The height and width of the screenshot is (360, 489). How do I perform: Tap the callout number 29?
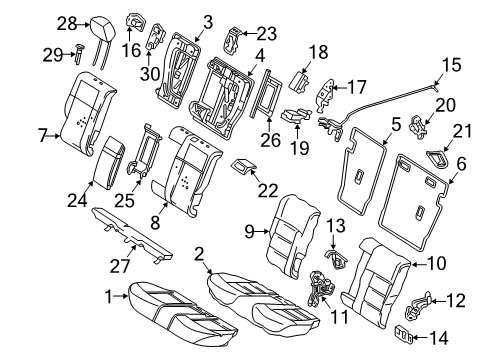pos(53,55)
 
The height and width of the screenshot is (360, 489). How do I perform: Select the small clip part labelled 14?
pos(404,334)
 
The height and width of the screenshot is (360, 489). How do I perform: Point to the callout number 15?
pos(452,65)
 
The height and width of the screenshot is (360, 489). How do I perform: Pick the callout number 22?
pos(268,190)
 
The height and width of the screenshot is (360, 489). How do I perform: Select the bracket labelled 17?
pos(325,95)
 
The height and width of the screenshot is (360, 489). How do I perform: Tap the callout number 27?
pos(119,266)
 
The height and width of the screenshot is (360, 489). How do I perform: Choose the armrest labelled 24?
pos(109,162)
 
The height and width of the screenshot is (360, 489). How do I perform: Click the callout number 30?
pos(150,74)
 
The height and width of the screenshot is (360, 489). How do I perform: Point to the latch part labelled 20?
pos(418,126)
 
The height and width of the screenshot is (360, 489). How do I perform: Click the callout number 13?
pos(336,225)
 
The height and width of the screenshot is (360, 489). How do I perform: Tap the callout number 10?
pos(436,263)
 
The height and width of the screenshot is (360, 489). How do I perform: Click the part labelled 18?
pos(299,82)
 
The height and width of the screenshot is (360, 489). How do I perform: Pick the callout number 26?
pos(270,140)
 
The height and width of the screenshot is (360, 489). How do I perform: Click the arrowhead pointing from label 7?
pos(58,136)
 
